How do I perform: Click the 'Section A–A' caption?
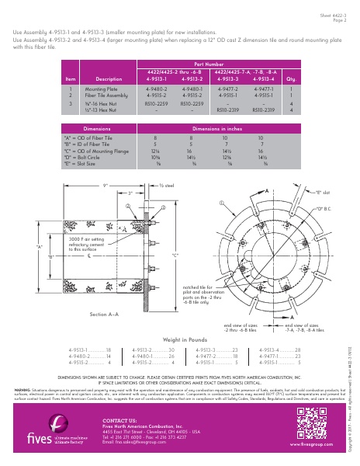(x=104, y=314)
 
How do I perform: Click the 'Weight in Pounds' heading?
(x=183, y=339)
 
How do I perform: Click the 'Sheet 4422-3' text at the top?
(x=333, y=15)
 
